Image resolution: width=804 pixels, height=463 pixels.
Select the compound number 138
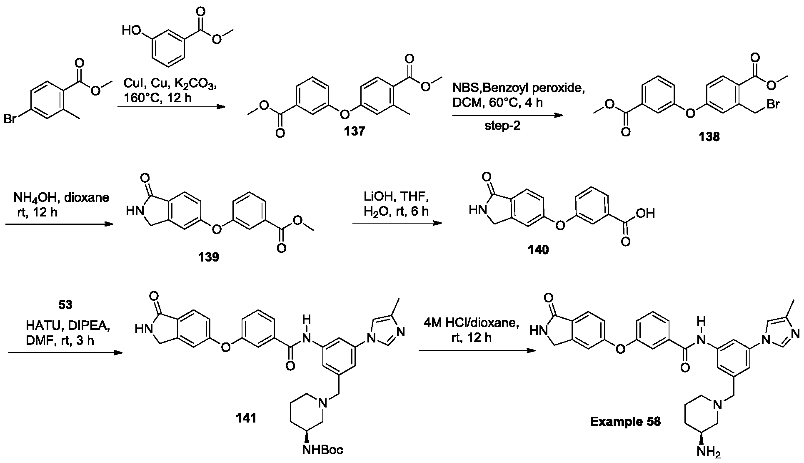tap(709, 137)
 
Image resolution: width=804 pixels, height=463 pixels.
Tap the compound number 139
tap(209, 257)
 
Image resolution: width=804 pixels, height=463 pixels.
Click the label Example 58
tap(625, 422)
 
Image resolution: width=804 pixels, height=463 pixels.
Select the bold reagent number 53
tap(65, 305)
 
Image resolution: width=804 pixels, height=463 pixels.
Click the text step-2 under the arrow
tap(502, 126)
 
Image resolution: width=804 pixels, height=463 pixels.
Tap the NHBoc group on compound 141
tap(323, 450)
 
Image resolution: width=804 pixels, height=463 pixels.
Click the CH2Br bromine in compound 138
tap(773, 103)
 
